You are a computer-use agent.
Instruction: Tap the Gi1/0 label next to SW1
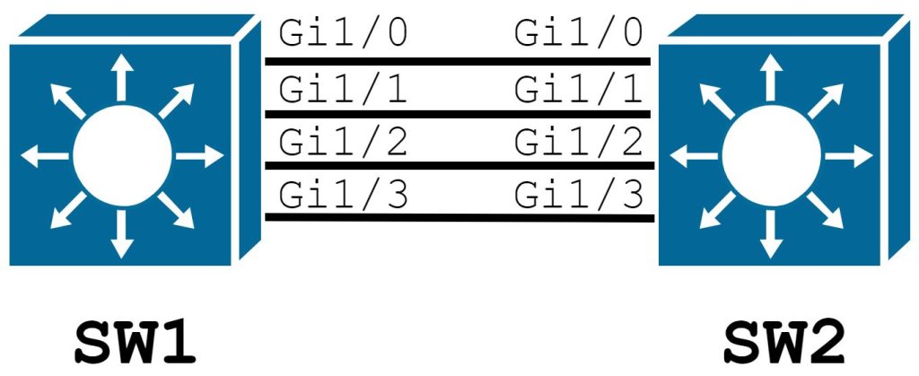[x=344, y=34]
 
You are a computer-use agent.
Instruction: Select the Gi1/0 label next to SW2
[x=579, y=34]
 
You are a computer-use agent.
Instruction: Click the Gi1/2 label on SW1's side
[x=344, y=141]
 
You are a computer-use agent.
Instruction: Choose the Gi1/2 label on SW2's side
[x=579, y=141]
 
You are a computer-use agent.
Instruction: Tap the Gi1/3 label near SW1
[x=344, y=193]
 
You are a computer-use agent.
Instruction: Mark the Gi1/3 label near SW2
[x=579, y=193]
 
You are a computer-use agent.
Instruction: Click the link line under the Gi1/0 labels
[x=459, y=61]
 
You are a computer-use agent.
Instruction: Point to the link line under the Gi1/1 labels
[x=459, y=114]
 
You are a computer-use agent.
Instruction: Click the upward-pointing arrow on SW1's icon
[x=118, y=76]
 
